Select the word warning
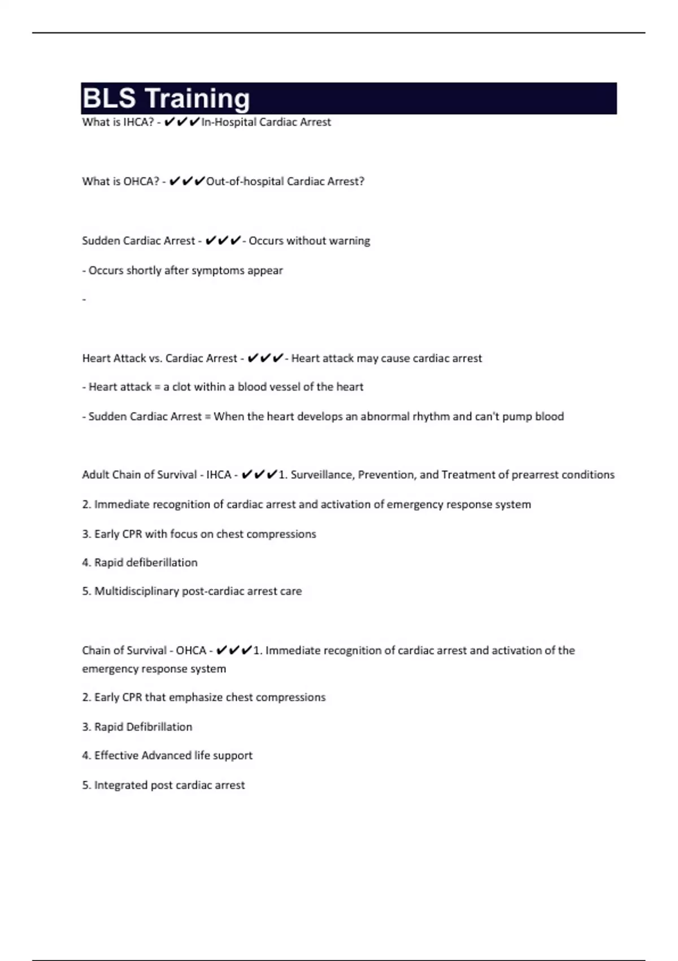[x=350, y=241]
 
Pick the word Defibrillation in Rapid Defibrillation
[x=159, y=727]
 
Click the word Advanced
[x=167, y=756]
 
